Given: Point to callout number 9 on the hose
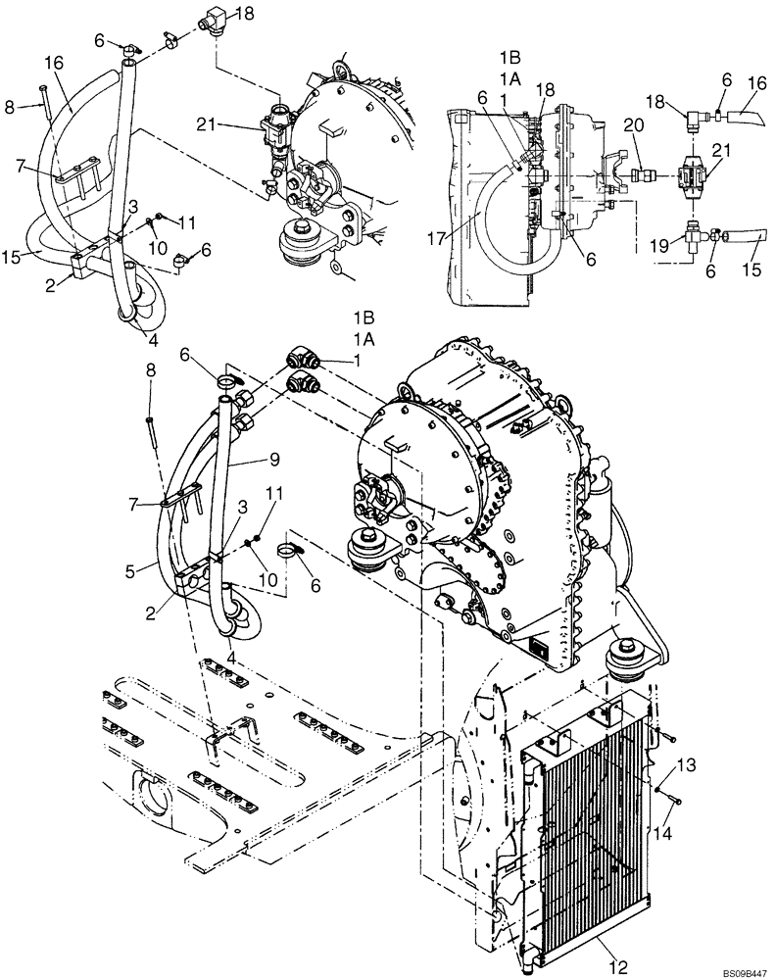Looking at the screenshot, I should (x=276, y=459).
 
